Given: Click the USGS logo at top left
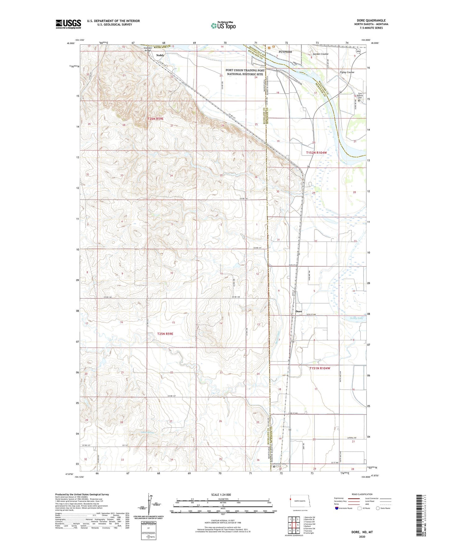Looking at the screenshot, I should (x=68, y=24).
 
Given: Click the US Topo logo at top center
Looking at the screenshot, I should (x=223, y=26).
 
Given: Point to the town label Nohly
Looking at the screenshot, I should (x=160, y=55).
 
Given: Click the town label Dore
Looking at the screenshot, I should (x=299, y=311).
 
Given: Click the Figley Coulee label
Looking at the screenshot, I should (x=347, y=72).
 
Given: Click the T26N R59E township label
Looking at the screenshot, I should (x=155, y=119).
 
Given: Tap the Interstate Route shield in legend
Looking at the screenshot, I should (x=337, y=508).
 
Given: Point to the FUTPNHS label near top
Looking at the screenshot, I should (x=285, y=52).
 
